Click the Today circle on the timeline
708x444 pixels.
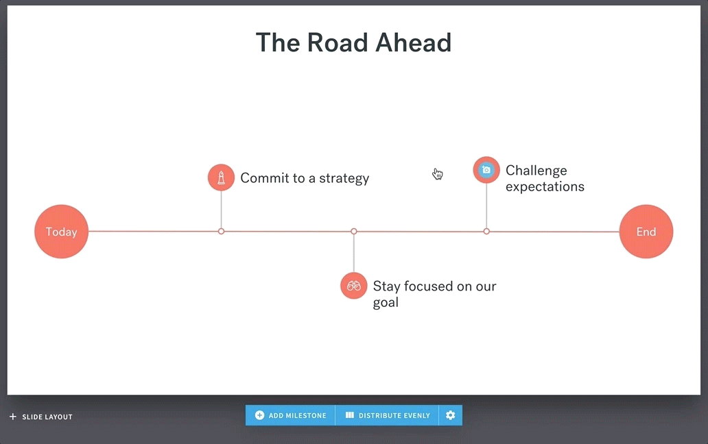[62, 232]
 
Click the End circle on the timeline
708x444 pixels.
[646, 232]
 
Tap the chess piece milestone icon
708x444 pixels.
[221, 177]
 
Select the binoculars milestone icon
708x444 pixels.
[354, 286]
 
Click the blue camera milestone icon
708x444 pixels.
[486, 170]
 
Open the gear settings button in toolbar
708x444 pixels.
[451, 415]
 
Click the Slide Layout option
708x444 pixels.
[41, 417]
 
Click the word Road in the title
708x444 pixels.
[338, 42]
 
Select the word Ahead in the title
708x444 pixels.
[414, 42]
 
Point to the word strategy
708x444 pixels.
[344, 179]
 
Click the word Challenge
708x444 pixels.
[536, 171]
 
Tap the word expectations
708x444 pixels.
[545, 186]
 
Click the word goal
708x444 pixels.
[386, 302]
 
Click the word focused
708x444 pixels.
[429, 286]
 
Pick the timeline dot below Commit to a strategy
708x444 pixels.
[221, 231]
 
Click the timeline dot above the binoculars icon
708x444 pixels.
[354, 231]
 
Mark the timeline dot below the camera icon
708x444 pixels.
[486, 231]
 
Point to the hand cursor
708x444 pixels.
[438, 174]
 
